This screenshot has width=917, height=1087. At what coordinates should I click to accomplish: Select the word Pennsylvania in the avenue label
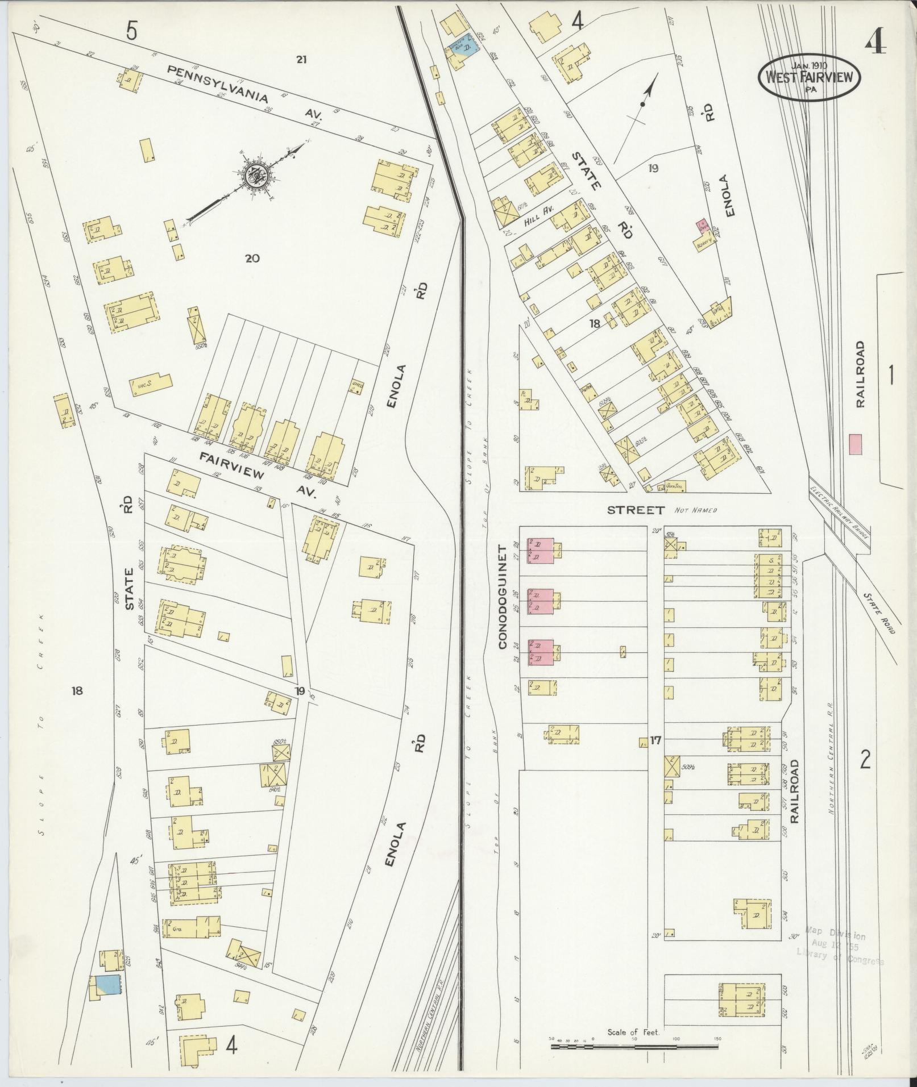point(217,84)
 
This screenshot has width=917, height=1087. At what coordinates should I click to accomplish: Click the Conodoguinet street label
point(503,597)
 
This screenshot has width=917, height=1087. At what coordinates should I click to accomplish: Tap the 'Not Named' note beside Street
point(696,510)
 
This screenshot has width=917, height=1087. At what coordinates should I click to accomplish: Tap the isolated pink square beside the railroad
point(854,444)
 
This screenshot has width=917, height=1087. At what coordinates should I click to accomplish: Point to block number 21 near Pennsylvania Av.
point(301,59)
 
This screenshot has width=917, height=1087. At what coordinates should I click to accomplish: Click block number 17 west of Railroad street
point(656,740)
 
